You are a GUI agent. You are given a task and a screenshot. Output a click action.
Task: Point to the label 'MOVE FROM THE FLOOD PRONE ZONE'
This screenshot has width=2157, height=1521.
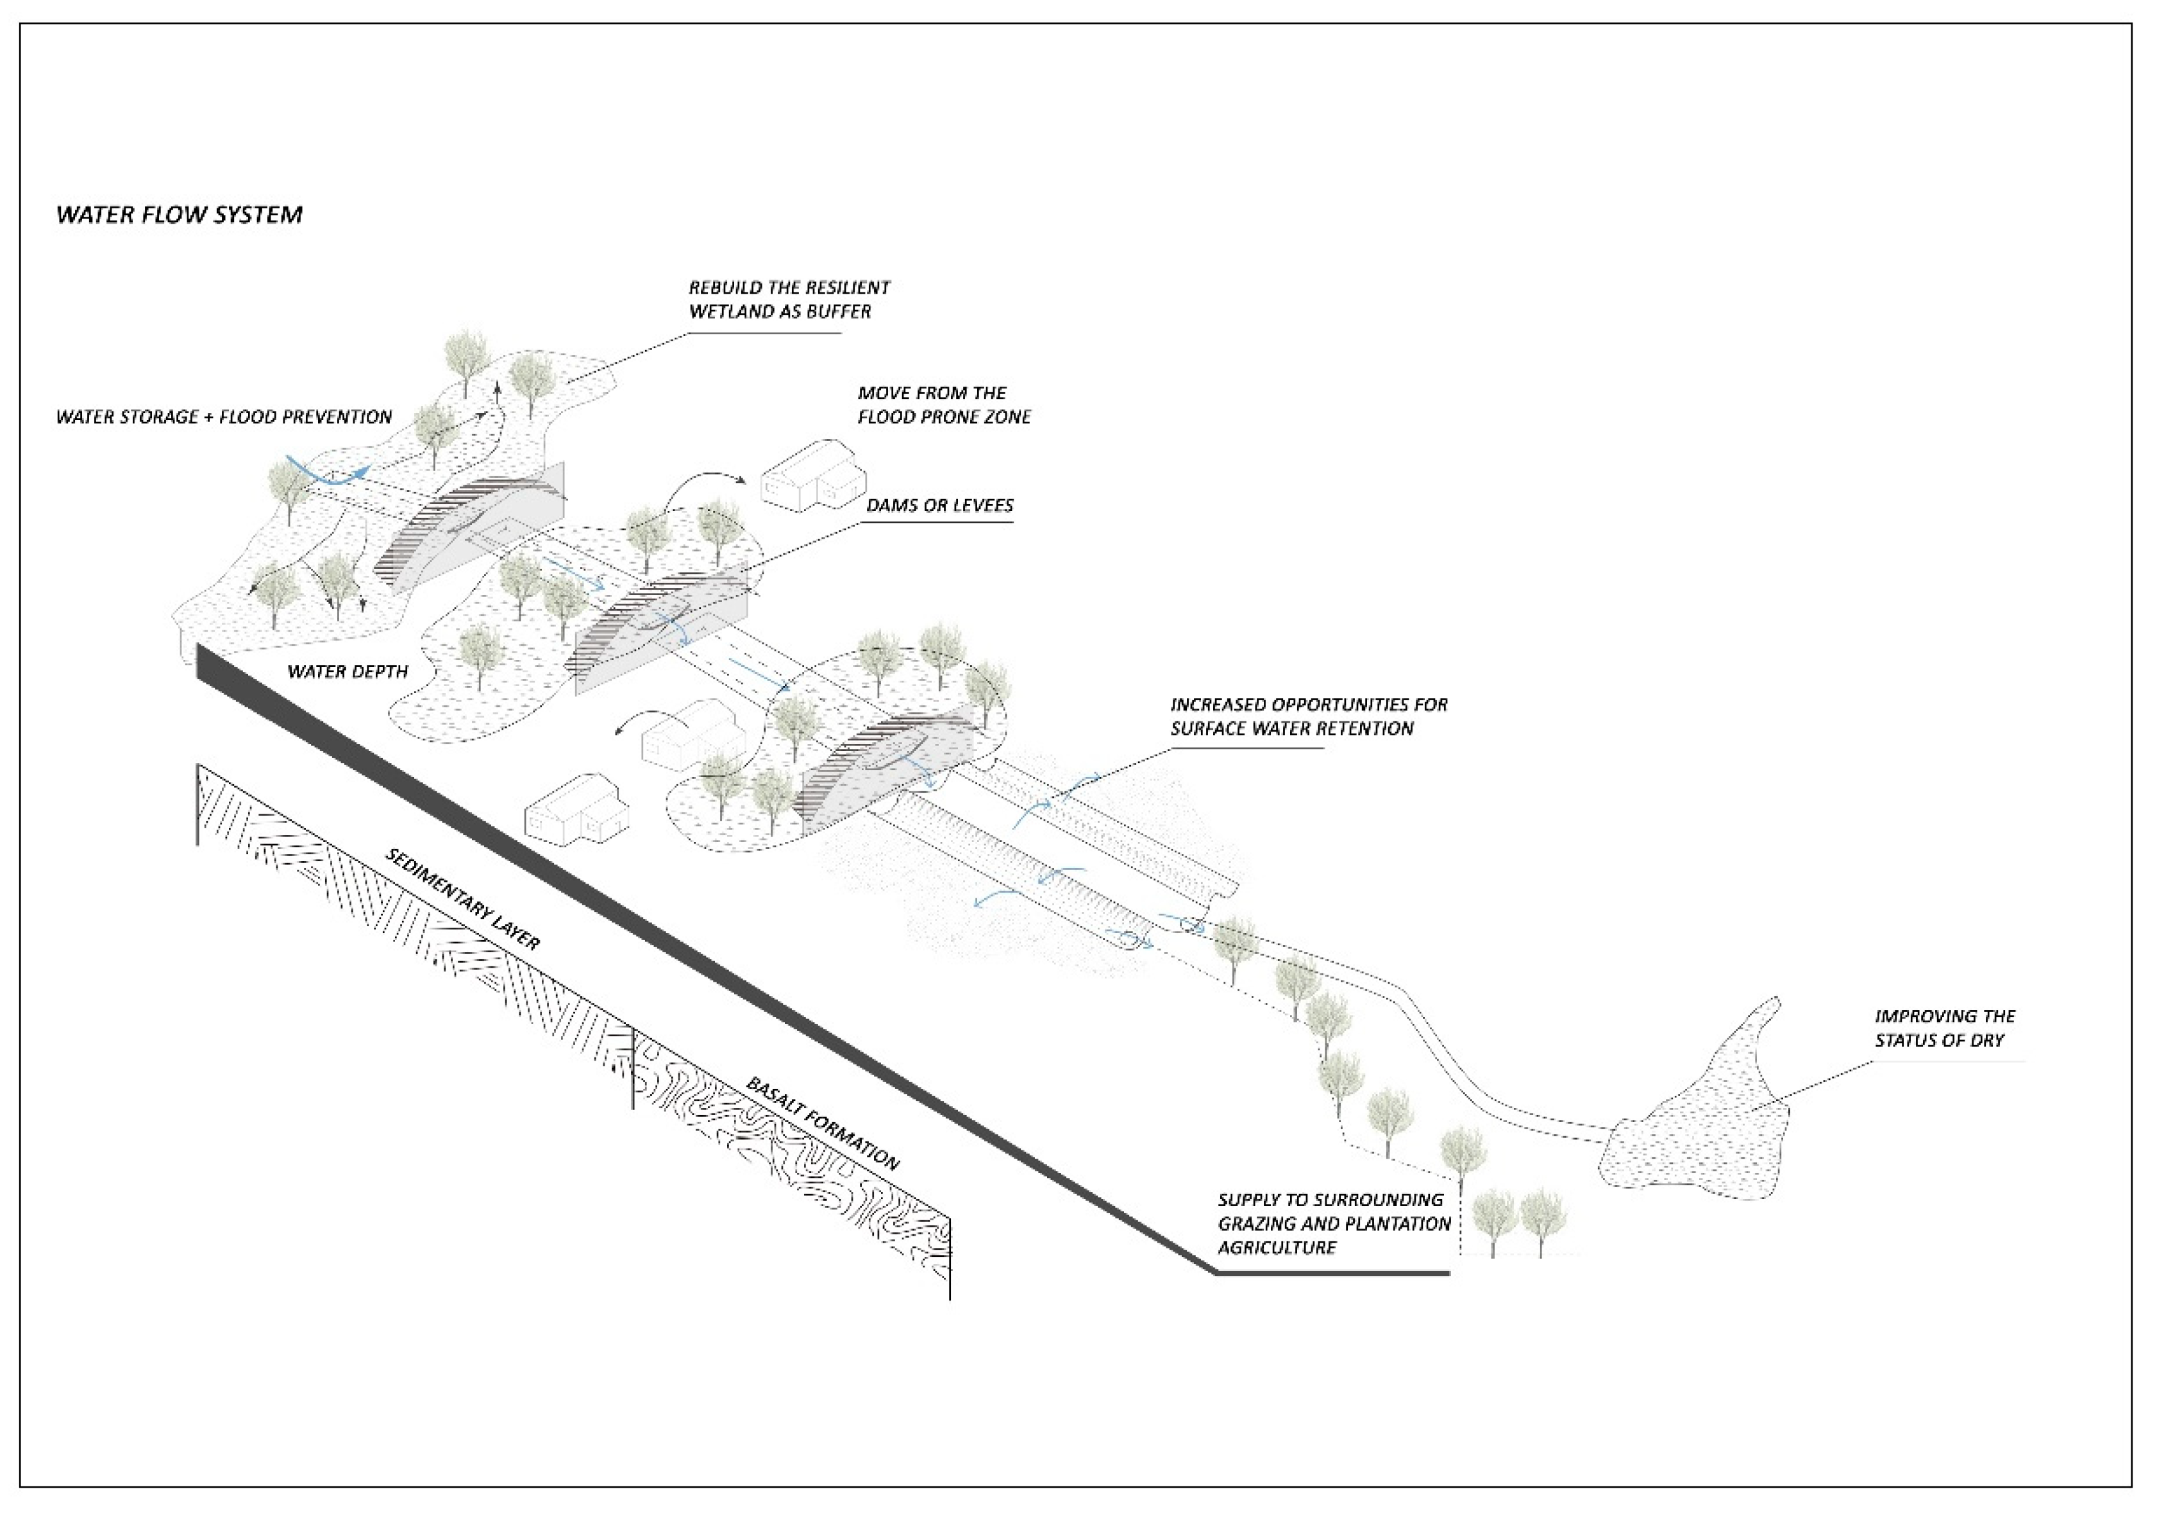click(943, 405)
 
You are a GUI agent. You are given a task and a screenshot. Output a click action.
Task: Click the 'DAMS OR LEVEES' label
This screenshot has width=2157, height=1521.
click(939, 505)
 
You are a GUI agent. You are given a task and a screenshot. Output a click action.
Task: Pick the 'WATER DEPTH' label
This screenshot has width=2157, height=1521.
click(348, 672)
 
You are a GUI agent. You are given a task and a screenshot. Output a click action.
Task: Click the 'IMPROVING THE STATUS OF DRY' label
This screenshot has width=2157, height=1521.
click(1945, 1028)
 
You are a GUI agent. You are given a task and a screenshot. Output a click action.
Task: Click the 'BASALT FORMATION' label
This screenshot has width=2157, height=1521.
click(822, 1123)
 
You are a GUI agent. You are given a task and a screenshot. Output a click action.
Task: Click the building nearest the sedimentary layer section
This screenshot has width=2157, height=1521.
click(576, 807)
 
